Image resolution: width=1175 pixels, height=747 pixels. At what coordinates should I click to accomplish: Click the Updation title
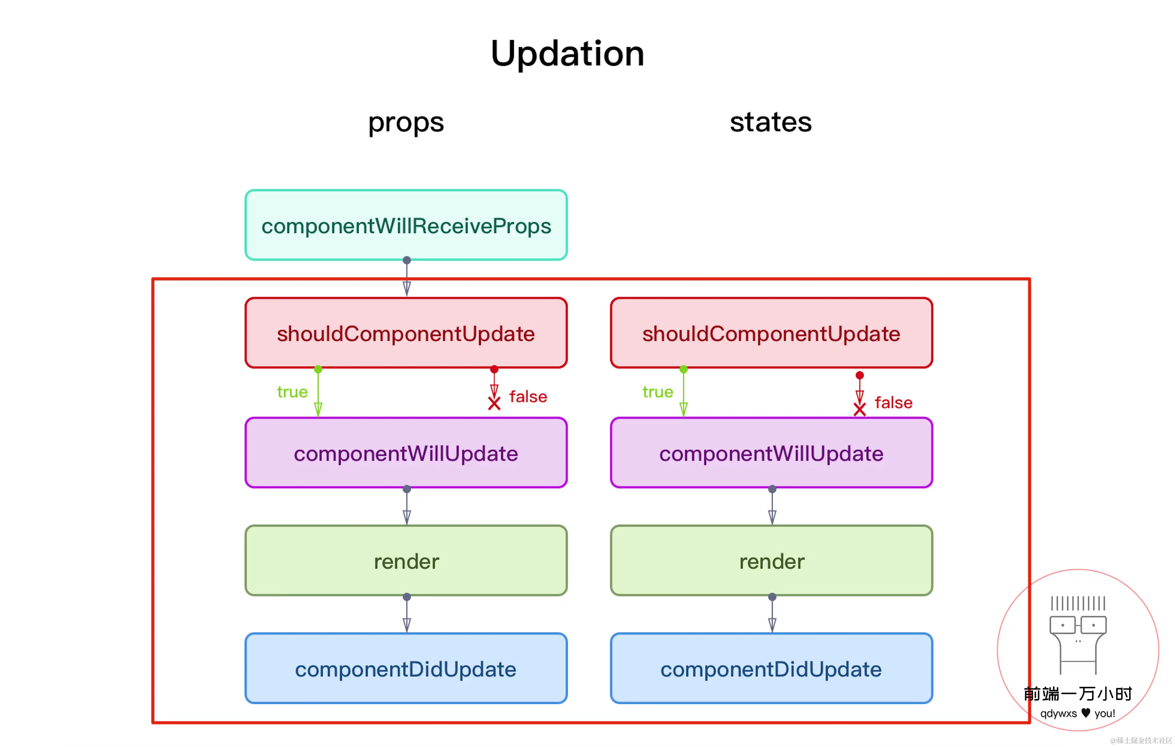pos(568,54)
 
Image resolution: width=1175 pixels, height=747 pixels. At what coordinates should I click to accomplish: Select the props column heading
pos(406,123)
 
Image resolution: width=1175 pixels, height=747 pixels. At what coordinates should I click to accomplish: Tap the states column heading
pos(771,122)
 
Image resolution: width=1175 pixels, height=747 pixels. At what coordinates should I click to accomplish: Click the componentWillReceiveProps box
pos(406,225)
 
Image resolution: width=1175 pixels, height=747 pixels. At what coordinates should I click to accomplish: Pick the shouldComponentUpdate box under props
pos(406,333)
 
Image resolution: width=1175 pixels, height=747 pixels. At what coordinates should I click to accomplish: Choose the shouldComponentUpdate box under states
pos(772,333)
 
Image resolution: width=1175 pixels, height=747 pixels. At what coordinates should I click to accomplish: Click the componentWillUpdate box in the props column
pos(406,453)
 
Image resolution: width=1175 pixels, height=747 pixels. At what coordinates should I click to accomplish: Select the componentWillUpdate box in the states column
pos(772,453)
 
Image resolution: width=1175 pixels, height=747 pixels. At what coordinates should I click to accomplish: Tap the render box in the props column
pos(406,561)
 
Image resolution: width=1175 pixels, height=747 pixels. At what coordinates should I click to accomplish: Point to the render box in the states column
pos(772,561)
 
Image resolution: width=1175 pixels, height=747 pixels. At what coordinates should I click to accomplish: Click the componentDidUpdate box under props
pos(406,668)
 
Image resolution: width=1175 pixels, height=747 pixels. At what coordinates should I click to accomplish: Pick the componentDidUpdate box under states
pos(772,668)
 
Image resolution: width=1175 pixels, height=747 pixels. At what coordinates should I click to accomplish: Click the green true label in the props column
pos(292,392)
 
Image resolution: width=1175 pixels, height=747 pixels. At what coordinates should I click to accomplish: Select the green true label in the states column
pos(658,392)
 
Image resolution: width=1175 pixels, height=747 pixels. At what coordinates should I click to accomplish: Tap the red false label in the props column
pos(528,396)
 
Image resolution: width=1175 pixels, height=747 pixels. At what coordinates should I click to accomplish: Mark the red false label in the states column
pos(893,403)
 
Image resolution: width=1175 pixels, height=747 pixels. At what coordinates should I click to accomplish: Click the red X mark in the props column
pos(494,403)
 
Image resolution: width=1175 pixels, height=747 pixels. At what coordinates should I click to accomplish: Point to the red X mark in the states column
pos(860,410)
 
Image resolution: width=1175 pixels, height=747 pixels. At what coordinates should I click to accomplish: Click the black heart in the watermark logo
pos(1086,713)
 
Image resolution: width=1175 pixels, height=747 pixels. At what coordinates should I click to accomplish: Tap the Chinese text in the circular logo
pos(1078,693)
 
